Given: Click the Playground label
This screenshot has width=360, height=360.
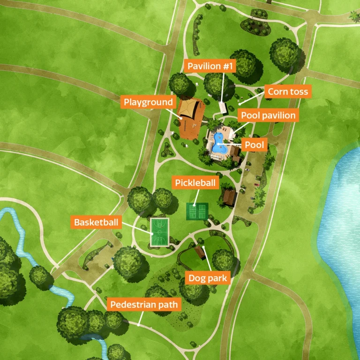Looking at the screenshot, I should point(148,102).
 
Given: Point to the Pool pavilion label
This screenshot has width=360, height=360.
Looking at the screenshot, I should point(268,115).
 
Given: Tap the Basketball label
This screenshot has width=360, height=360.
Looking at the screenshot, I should point(96,222).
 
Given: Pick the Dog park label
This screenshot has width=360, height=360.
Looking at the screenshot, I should point(208,278).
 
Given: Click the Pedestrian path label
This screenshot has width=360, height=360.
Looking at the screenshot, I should point(144,305).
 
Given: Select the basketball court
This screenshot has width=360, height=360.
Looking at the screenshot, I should point(159,232).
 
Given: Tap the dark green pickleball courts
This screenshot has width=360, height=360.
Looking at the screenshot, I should point(197,211).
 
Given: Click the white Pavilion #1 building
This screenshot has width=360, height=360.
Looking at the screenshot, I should point(224,109).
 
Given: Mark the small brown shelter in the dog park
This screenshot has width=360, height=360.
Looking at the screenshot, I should point(200,252).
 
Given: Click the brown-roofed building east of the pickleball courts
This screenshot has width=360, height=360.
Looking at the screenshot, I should point(229,197).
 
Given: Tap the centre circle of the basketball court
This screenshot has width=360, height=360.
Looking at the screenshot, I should point(159,232).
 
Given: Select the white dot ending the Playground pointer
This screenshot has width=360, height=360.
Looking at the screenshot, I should point(181,119).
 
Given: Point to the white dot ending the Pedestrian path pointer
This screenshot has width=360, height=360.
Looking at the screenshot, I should point(139,323).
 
